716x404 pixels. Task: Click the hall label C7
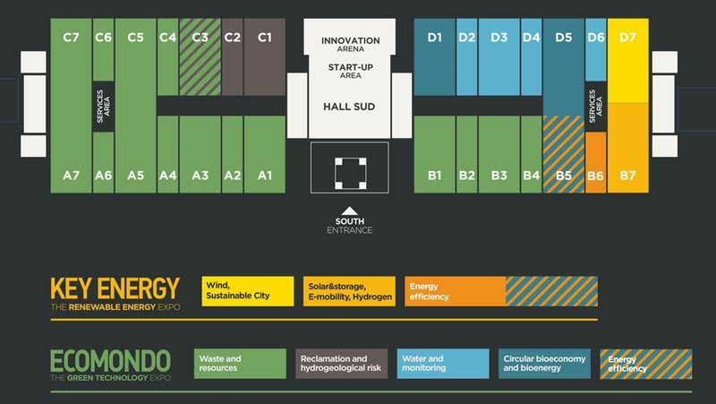[72, 38]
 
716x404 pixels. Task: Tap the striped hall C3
[200, 56]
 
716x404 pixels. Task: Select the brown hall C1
[264, 57]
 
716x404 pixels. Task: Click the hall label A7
[72, 176]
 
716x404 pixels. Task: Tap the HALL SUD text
[348, 107]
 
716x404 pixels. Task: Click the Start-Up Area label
[350, 70]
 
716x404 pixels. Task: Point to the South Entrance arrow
[350, 212]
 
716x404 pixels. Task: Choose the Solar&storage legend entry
[349, 290]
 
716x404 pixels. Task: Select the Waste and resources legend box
[240, 363]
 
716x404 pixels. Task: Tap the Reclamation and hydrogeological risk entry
[341, 363]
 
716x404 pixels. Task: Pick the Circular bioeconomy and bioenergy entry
[544, 363]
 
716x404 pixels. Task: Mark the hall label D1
[435, 38]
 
